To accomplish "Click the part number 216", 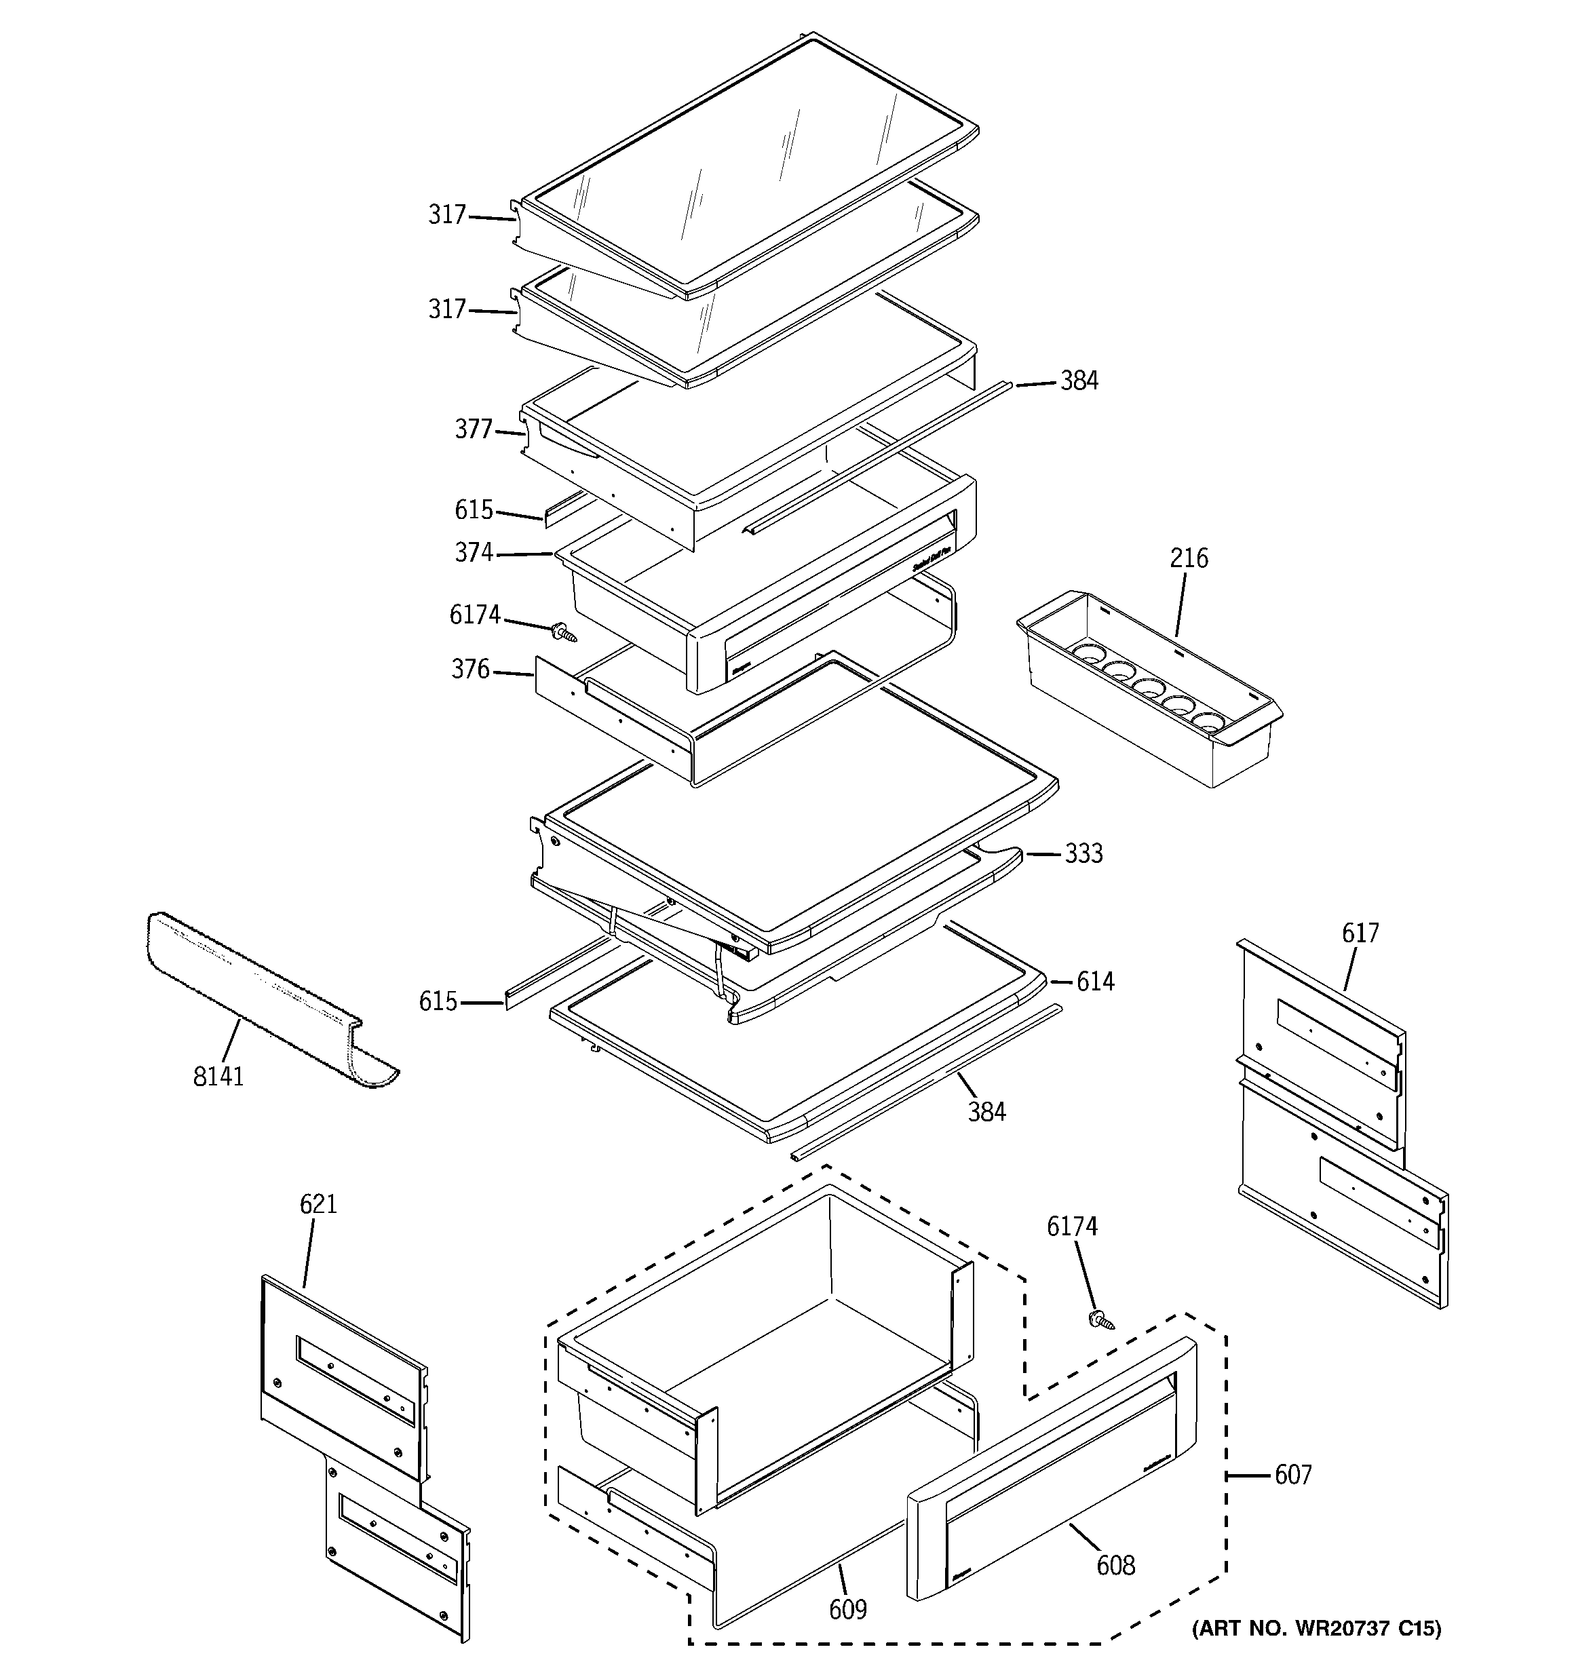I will pos(1189,558).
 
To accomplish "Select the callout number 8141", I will pos(218,1076).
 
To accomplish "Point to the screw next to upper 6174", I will pos(564,632).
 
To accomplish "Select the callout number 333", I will pos(1083,854).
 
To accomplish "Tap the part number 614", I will pos(1095,982).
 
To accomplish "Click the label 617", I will pos(1360,933).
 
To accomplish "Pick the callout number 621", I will pos(318,1204).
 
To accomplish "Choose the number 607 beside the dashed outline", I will pos(1292,1475).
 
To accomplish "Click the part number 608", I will pos(1115,1566).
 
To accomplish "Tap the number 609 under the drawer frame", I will pos(847,1610).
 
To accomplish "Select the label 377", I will pos(473,430).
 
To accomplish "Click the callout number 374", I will pos(473,552).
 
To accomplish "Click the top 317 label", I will pos(447,215).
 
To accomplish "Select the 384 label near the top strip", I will pos(1079,381).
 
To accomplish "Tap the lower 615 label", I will pos(438,1002).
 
